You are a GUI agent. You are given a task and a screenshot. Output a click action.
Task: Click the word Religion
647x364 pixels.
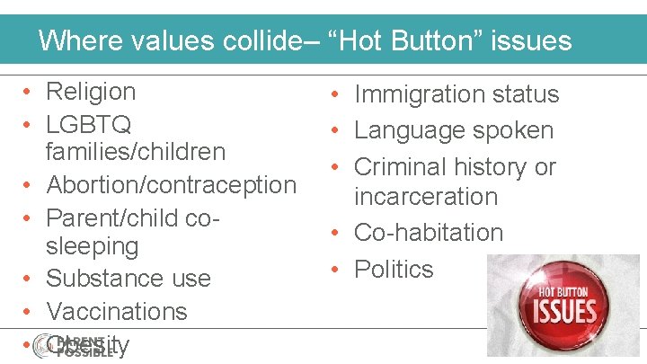[91, 92]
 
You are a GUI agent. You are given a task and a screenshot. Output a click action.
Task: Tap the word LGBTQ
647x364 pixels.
[89, 122]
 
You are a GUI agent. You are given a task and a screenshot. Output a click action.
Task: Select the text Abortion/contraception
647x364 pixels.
[171, 185]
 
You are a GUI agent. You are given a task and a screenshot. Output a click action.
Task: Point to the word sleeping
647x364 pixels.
[93, 246]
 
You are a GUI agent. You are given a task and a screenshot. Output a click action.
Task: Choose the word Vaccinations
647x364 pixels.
[117, 311]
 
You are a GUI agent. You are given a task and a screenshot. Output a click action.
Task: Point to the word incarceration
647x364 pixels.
[426, 196]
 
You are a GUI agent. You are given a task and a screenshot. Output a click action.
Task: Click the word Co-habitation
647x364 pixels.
[429, 232]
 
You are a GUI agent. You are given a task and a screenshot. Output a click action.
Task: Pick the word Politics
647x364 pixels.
[394, 269]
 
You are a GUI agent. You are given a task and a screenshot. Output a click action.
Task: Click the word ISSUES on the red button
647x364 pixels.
[566, 313]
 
